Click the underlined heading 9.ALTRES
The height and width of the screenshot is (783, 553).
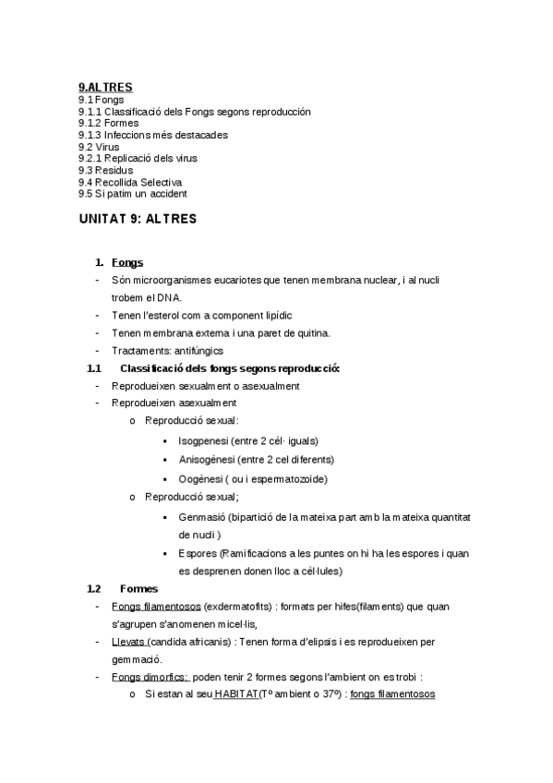click(105, 88)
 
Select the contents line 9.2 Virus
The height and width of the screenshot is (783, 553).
click(99, 147)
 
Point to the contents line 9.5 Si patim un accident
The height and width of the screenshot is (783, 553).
click(133, 194)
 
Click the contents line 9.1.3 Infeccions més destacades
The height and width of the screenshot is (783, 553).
click(153, 135)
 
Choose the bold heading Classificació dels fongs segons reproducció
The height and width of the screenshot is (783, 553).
click(230, 368)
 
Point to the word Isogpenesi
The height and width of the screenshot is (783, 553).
click(203, 440)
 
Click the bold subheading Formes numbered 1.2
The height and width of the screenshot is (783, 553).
click(139, 588)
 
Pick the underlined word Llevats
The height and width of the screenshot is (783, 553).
click(128, 641)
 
